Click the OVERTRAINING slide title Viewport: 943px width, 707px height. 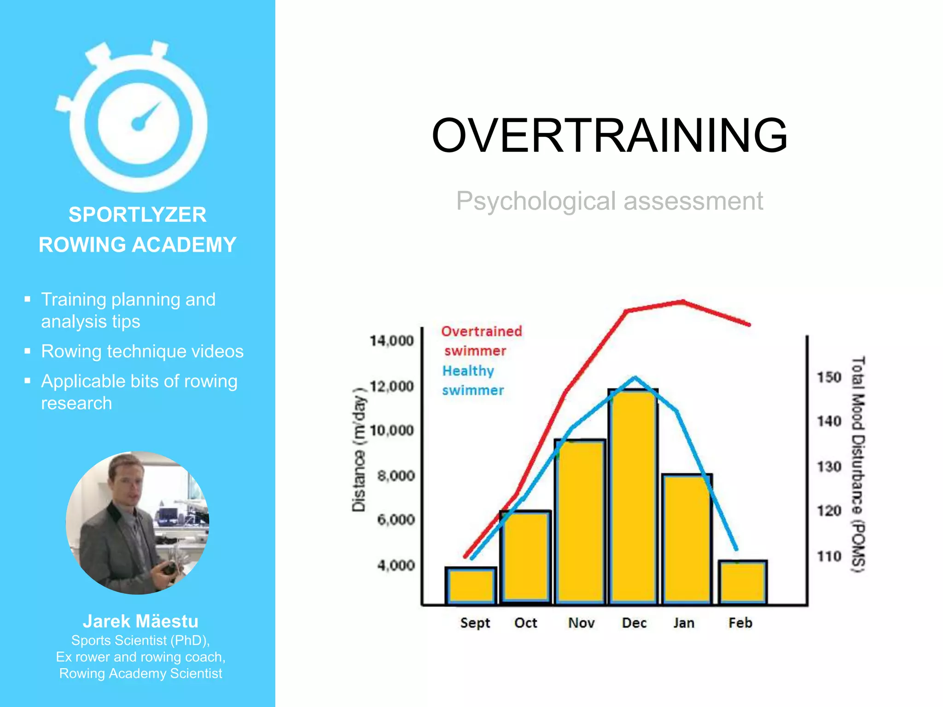609,135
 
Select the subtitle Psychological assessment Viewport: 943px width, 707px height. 609,201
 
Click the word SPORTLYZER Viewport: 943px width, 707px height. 137,215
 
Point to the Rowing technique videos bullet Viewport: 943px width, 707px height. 142,352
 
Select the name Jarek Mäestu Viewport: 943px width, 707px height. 140,621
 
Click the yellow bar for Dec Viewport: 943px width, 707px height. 633,497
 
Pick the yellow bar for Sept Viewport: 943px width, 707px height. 471,585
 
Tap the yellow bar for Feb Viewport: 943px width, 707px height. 742,582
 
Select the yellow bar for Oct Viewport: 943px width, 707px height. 525,557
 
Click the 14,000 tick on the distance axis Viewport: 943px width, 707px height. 392,341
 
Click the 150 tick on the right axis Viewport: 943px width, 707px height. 829,377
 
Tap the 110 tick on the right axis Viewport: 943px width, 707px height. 829,556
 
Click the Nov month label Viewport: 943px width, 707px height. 581,623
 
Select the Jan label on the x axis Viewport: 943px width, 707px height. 684,623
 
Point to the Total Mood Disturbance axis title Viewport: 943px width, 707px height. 857,465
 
